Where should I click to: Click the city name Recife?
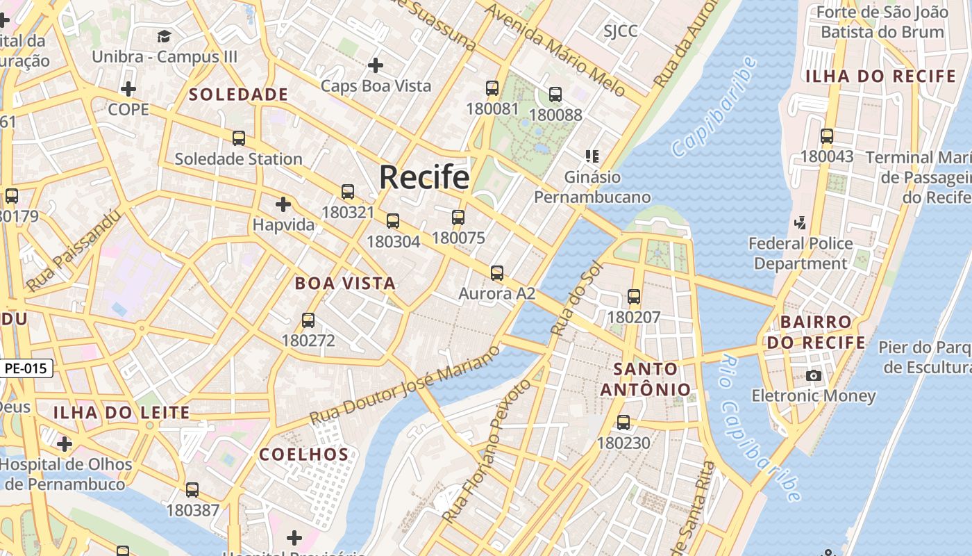tap(424, 177)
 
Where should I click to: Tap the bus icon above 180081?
tap(492, 88)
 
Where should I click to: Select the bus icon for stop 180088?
tap(555, 95)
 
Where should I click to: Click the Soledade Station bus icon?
tap(239, 138)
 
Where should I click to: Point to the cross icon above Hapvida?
tap(283, 204)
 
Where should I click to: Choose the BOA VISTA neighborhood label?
tap(345, 284)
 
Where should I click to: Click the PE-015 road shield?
tap(27, 368)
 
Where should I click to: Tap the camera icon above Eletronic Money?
tap(814, 376)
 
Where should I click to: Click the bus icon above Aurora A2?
tap(496, 273)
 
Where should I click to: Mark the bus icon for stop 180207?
tap(634, 297)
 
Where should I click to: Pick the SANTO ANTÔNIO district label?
tap(646, 379)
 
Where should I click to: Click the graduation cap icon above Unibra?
tap(165, 36)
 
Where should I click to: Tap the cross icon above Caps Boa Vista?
tap(376, 65)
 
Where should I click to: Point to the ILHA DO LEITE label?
tap(121, 413)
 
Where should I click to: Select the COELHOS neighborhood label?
tap(303, 455)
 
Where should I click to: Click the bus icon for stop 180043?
tap(827, 136)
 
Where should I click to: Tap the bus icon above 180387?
tap(192, 490)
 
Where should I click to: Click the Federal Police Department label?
tap(801, 254)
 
